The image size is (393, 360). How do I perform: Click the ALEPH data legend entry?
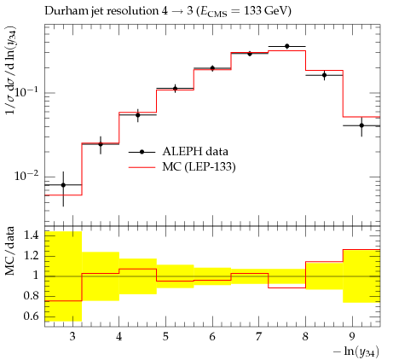click(x=178, y=152)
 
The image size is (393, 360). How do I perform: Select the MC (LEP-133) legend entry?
click(x=182, y=167)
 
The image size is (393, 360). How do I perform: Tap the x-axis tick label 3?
click(x=72, y=337)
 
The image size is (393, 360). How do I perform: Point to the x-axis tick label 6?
click(x=212, y=337)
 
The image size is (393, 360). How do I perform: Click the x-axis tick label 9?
click(x=352, y=337)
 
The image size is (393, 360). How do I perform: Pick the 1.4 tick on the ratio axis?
click(x=31, y=235)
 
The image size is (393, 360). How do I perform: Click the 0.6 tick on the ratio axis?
click(x=31, y=316)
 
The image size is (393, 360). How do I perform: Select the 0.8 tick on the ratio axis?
click(x=31, y=296)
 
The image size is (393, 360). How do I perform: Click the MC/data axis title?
click(x=9, y=251)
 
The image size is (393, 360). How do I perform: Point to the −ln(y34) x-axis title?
click(x=356, y=351)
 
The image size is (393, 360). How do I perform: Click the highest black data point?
click(x=287, y=46)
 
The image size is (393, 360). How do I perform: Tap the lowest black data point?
click(x=63, y=185)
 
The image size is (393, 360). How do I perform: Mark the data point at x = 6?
click(x=212, y=68)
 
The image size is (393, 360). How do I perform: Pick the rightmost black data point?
click(x=361, y=125)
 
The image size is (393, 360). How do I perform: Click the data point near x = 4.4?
click(x=138, y=115)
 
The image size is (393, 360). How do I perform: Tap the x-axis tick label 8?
click(x=306, y=337)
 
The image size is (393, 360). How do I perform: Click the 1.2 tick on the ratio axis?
click(x=31, y=256)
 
